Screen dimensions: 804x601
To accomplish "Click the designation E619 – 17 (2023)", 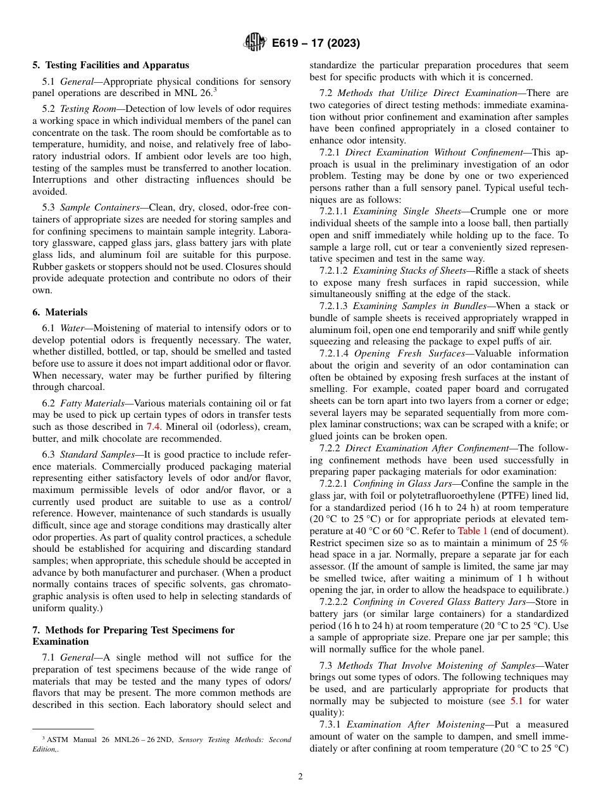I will [316, 44].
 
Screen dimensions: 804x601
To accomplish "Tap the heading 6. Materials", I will [60, 312].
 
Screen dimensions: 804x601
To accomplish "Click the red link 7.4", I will [153, 426].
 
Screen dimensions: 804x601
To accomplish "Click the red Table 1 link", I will [473, 531].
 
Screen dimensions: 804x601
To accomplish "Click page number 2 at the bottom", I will [300, 777].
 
